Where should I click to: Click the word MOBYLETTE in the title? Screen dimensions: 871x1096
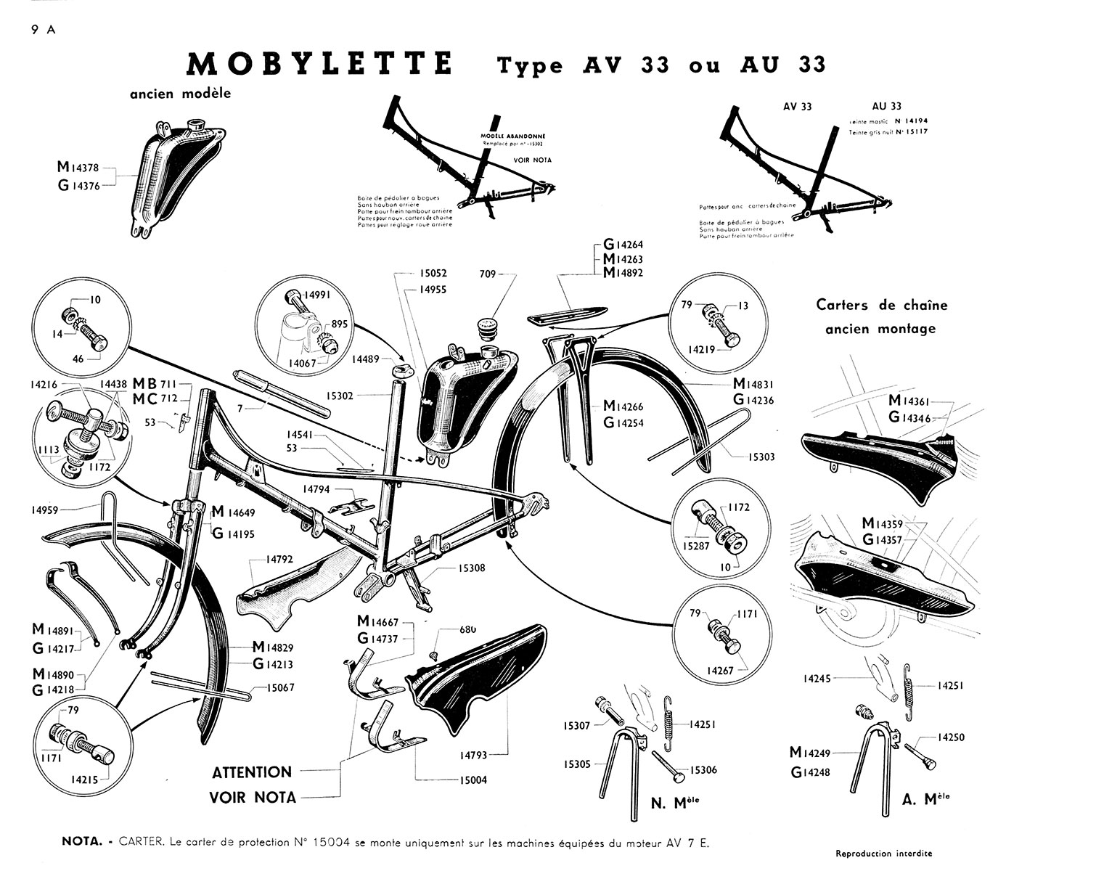click(x=319, y=64)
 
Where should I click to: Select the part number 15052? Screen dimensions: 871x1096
click(x=433, y=274)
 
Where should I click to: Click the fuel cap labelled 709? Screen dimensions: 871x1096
click(x=486, y=320)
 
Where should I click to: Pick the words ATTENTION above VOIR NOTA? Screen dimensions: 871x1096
click(x=252, y=772)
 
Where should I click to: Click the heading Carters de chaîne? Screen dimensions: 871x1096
click(x=882, y=305)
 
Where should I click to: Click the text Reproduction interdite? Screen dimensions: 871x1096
click(x=884, y=853)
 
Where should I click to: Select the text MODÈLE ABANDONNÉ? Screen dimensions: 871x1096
click(x=513, y=136)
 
